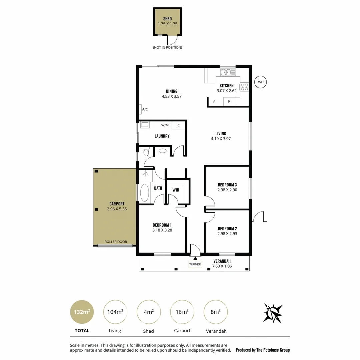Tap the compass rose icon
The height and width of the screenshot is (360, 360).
[x=273, y=313]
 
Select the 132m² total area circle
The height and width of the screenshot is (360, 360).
[x=82, y=312]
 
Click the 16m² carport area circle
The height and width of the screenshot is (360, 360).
[x=182, y=312]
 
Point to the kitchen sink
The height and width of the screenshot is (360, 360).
[x=228, y=72]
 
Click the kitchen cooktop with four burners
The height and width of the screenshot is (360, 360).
[x=244, y=87]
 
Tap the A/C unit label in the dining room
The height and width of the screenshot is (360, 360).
[x=145, y=109]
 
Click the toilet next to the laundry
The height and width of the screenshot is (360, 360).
[x=145, y=152]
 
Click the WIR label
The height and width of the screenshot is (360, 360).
[x=176, y=190]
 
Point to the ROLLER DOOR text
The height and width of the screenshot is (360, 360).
[x=116, y=242]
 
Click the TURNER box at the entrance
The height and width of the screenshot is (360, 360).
[x=195, y=264]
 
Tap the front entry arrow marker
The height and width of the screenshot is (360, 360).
[x=195, y=258]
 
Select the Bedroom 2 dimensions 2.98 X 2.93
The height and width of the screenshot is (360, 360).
[x=227, y=234]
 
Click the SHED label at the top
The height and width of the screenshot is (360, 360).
[x=167, y=19]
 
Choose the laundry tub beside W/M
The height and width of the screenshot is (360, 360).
[x=145, y=125]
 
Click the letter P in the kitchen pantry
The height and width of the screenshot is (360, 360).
[x=229, y=102]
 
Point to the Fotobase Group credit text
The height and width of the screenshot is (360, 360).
[x=263, y=350]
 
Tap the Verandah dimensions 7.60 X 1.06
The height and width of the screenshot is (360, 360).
[x=222, y=266]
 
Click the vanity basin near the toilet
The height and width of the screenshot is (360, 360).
[x=163, y=151]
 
